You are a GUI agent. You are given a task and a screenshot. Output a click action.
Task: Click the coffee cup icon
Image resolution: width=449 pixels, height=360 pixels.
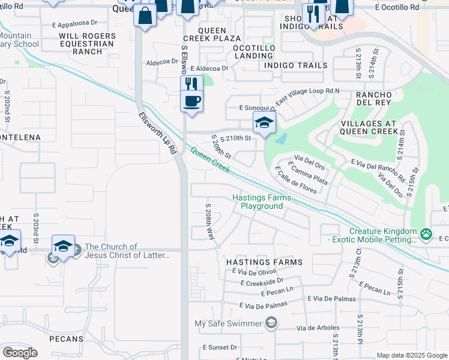tap(191, 101)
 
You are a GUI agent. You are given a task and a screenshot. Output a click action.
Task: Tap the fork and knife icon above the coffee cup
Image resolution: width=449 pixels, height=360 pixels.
tap(191, 84)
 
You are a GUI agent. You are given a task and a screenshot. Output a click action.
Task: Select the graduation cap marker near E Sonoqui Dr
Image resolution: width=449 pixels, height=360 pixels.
tap(264, 123)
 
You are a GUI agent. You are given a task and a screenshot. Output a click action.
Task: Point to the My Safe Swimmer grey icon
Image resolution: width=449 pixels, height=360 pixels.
tap(271, 324)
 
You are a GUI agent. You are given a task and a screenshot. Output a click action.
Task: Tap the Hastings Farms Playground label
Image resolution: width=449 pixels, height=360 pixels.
tap(262, 202)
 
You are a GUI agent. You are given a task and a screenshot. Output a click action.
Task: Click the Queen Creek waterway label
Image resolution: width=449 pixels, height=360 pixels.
tap(210, 161)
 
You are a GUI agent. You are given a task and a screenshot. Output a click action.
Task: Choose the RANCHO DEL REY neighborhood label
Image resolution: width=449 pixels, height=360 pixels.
tap(374, 100)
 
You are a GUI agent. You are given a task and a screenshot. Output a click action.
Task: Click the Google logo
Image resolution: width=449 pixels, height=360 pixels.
tap(20, 353)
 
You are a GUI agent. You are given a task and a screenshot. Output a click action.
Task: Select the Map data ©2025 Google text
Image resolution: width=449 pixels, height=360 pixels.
tap(411, 355)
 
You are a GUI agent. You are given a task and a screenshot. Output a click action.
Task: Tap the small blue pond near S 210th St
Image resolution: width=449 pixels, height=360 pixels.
tap(280, 139)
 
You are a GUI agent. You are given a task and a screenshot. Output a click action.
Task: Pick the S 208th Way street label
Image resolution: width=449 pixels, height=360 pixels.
tap(210, 221)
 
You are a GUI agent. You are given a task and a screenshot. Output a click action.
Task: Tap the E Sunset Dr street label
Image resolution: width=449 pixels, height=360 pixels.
tap(220, 347)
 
